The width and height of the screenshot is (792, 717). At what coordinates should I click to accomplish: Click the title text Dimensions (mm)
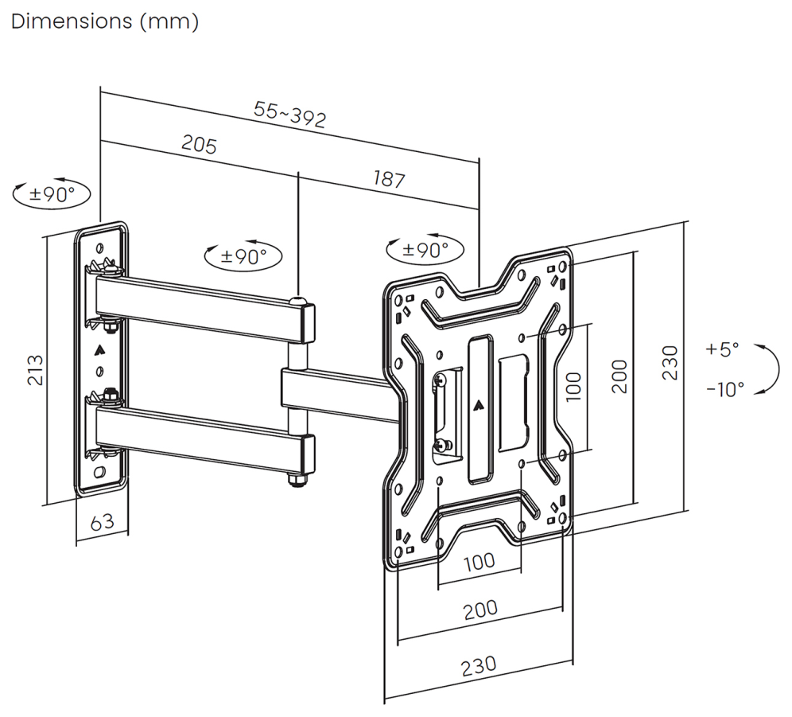[x=104, y=22]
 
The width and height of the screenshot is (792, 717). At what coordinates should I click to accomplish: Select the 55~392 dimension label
[x=290, y=115]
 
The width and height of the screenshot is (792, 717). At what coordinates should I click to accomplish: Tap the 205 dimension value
[x=199, y=144]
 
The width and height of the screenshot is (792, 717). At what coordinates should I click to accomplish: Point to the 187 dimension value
[x=389, y=179]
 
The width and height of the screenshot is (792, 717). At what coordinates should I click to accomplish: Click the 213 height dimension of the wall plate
[x=35, y=370]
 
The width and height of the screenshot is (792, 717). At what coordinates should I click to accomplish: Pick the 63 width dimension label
[x=102, y=522]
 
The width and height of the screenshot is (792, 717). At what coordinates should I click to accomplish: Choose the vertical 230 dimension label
[x=670, y=363]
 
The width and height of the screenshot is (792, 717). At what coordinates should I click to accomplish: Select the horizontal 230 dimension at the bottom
[x=479, y=665]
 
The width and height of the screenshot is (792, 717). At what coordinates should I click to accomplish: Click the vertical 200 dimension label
[x=619, y=376]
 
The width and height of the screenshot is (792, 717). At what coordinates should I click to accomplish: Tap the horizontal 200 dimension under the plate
[x=480, y=610]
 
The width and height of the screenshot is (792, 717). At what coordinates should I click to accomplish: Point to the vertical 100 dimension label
[x=574, y=386]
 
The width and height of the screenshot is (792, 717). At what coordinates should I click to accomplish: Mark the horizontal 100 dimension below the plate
[x=479, y=562]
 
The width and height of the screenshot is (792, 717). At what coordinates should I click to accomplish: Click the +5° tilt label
[x=722, y=349]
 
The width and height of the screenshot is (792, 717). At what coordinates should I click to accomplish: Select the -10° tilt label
[x=725, y=389]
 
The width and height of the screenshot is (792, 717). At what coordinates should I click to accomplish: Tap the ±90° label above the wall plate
[x=52, y=193]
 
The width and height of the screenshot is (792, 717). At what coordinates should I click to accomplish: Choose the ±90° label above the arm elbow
[x=243, y=256]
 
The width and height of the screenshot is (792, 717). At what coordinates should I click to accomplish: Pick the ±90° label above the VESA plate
[x=425, y=249]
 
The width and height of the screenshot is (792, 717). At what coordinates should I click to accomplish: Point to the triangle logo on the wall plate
[x=99, y=349]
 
